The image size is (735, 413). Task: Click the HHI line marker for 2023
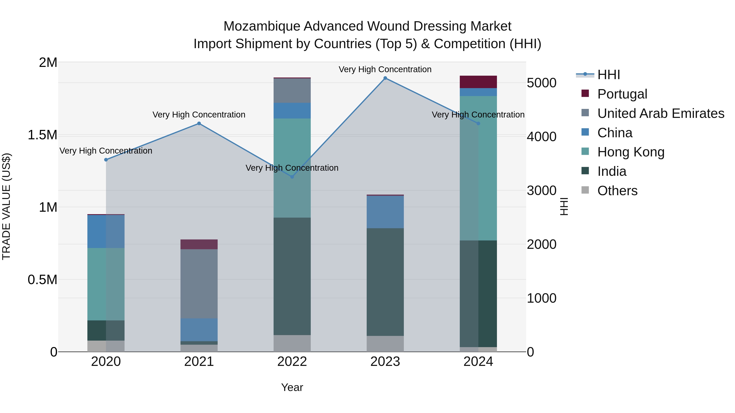coord(385,78)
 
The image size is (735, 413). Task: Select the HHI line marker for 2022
coord(292,177)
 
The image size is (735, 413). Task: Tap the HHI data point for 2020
coord(106,160)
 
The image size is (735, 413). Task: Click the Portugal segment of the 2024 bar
coord(478,82)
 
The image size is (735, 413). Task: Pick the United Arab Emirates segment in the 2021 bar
coord(199,284)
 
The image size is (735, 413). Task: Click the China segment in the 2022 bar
coord(292,111)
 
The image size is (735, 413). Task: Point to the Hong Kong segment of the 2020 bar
coord(106,284)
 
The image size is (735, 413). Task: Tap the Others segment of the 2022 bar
coord(292,343)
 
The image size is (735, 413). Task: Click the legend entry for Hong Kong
coord(631,152)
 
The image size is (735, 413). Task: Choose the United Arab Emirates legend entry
coord(660,113)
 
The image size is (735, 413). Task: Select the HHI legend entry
coord(608,75)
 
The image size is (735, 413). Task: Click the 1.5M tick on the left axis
coord(42,135)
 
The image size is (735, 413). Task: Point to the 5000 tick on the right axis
coord(541,83)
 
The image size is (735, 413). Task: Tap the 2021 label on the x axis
coord(199,362)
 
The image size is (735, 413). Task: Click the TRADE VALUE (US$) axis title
coord(6,206)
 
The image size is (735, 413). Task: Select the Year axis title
coord(292,387)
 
